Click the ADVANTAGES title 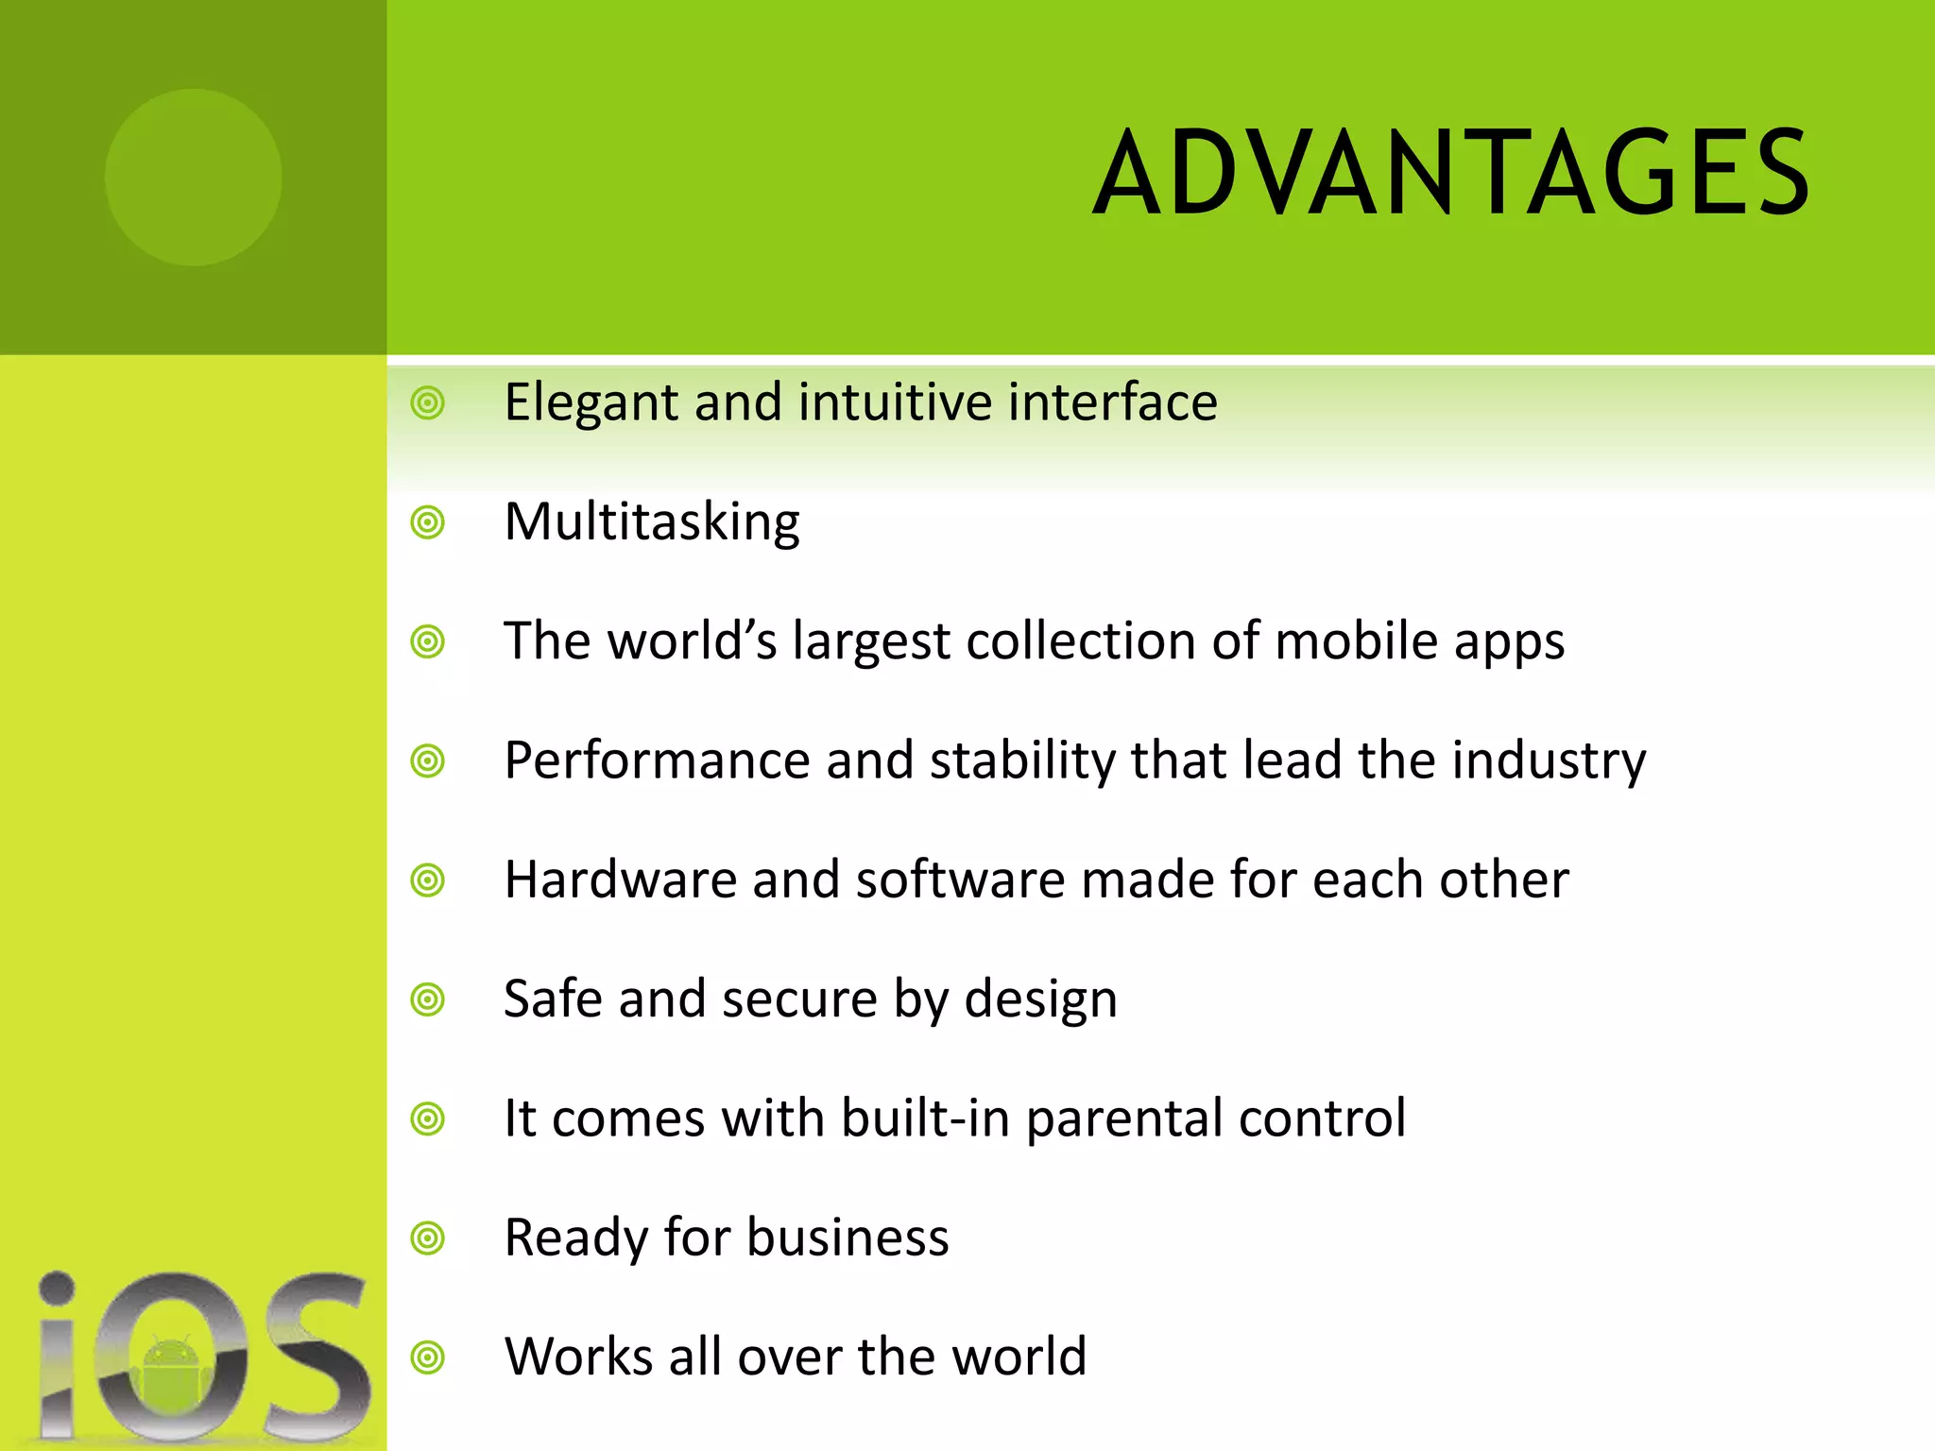click(x=1450, y=174)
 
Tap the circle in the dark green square click(x=193, y=177)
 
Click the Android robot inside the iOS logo click(x=171, y=1371)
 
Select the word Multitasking click(x=652, y=522)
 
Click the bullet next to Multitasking click(x=428, y=522)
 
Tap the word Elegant click(x=591, y=403)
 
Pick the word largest click(x=870, y=642)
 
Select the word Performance click(x=657, y=761)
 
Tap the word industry click(x=1549, y=761)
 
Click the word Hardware click(x=620, y=880)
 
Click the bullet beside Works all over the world click(x=428, y=1358)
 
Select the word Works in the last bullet click(x=578, y=1357)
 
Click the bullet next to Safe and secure click(x=428, y=999)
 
